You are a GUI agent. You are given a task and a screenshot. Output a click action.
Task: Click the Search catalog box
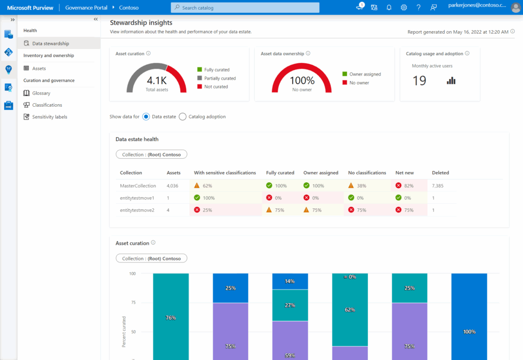[x=245, y=8]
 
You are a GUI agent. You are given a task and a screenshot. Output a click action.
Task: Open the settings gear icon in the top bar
[x=403, y=8]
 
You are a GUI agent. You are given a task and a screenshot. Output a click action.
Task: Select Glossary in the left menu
[x=41, y=93]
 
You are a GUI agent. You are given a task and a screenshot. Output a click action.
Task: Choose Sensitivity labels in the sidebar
[x=50, y=117]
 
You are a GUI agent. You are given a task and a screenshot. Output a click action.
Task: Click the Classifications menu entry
[x=47, y=105]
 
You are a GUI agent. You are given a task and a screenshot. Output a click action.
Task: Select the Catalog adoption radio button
[x=182, y=116]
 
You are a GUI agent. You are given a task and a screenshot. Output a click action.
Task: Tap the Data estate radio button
[x=146, y=116]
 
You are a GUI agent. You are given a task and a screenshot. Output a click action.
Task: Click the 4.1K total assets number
[x=157, y=81]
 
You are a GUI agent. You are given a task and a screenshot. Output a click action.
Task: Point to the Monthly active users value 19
[x=419, y=81]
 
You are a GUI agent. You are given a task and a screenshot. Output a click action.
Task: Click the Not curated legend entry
[x=216, y=87]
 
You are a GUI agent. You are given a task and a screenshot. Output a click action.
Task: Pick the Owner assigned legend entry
[x=365, y=74]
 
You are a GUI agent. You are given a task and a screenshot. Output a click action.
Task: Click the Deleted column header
[x=440, y=173]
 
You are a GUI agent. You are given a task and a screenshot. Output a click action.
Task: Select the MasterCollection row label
[x=138, y=186]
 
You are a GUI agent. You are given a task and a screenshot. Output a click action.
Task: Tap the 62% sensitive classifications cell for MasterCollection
[x=207, y=186]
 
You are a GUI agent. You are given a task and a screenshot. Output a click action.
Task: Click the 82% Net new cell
[x=408, y=186]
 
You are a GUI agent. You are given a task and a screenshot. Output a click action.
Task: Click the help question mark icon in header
[x=419, y=8]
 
